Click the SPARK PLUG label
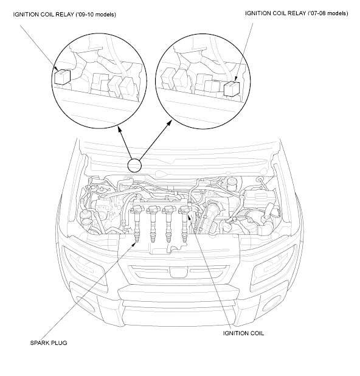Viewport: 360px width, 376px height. (49, 343)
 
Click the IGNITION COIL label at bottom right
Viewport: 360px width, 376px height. (243, 333)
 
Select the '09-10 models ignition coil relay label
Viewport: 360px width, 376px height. (64, 15)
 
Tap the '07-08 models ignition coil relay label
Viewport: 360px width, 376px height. (297, 13)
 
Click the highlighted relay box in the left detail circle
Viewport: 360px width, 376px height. (62, 77)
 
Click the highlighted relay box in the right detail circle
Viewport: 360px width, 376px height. (232, 89)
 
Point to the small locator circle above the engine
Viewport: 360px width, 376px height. (134, 165)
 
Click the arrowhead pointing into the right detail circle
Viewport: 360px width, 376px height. (170, 122)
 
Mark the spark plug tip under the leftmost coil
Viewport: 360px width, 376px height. (137, 239)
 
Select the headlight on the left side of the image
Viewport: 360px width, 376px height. (84, 266)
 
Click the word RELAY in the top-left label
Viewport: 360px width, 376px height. (64, 15)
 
